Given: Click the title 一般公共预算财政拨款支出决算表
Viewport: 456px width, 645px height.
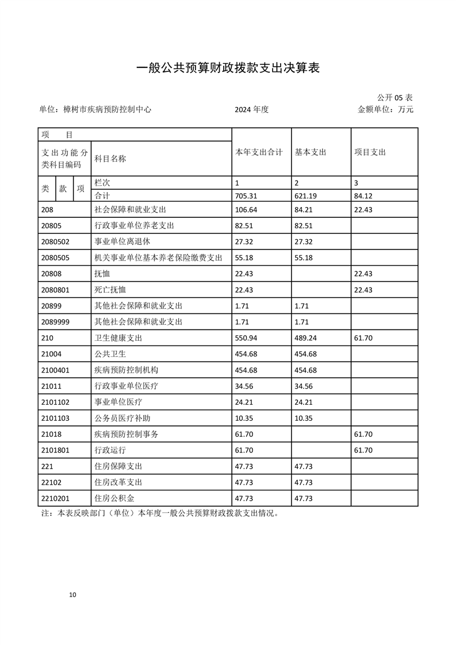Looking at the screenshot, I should tap(227, 68).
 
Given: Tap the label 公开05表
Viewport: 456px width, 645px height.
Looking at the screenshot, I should tap(395, 97).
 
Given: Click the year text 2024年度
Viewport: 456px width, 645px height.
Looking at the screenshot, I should tap(251, 109).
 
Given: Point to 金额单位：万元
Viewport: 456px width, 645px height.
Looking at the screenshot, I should tap(386, 109).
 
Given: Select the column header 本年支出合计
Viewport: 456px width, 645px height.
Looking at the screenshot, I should tap(259, 152).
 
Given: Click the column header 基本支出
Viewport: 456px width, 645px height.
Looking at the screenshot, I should tap(311, 152).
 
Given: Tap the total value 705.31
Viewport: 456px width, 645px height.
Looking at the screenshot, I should tap(246, 195).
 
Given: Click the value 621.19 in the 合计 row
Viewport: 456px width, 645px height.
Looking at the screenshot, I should tap(305, 195).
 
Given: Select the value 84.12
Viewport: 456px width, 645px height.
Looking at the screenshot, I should tap(363, 195).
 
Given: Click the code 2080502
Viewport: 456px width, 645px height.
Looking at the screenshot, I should tap(56, 241).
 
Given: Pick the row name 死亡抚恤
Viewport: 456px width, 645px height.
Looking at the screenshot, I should tap(110, 289).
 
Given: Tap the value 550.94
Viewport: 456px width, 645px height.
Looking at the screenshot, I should tap(246, 337).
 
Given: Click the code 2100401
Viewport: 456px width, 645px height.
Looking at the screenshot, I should tap(56, 370).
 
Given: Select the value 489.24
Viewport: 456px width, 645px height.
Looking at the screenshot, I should tap(305, 337).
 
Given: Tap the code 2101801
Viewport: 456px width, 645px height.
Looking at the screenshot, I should tap(56, 450).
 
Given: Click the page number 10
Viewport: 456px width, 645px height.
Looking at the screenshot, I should tap(72, 594).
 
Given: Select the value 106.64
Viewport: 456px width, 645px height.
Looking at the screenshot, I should tap(246, 209).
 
